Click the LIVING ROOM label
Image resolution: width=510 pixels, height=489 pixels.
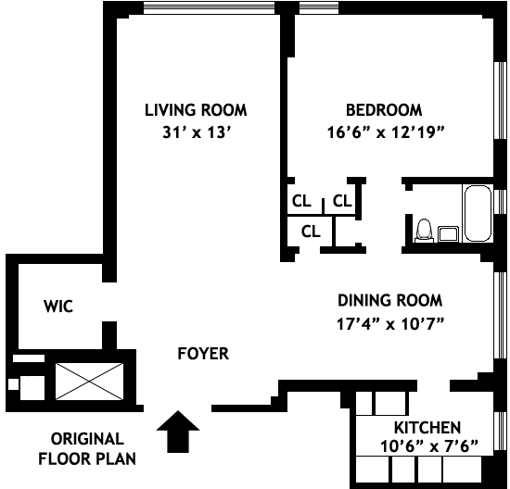coord(196,110)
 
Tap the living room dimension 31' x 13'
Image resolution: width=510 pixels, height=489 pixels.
coord(197,132)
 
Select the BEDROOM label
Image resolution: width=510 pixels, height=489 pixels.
coord(384,110)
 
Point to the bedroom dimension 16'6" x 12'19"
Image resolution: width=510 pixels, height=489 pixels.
coord(386,132)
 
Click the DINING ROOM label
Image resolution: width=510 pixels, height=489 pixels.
coord(390,300)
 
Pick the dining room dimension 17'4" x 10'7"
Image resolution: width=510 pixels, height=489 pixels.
coord(390,323)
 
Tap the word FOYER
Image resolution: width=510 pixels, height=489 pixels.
coord(203,354)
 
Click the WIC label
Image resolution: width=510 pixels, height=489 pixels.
coord(58,307)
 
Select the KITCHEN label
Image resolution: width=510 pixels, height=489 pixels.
coord(427,428)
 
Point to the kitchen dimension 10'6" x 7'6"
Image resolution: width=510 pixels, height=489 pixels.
coord(429,446)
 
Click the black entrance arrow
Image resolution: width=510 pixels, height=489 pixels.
coord(178,432)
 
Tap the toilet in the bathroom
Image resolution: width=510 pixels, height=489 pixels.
coord(424,231)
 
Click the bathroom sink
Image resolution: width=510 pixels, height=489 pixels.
coord(448,234)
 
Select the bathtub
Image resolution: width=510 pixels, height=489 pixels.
coord(478,213)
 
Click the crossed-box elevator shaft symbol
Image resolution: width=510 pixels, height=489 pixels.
coord(89,382)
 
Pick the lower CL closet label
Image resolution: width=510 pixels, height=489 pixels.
coord(311,232)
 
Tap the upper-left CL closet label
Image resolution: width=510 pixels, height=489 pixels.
coord(302,201)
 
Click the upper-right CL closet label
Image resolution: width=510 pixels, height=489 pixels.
coord(342,201)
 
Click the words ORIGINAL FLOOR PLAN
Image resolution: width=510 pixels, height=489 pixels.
coord(87,449)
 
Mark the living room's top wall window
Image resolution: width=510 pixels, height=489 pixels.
coord(210,8)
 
